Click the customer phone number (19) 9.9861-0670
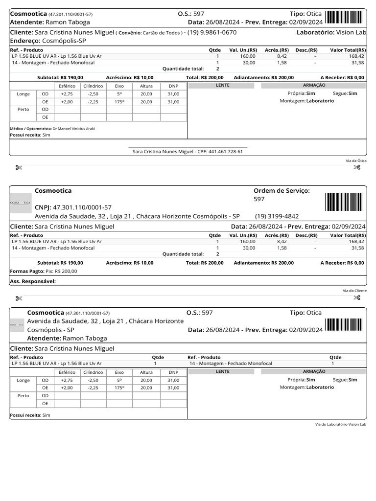[212, 33]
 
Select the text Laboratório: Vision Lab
[331, 32]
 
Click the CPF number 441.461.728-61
[226, 152]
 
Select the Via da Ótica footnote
[356, 160]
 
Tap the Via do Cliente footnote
[354, 291]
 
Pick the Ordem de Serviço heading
[282, 190]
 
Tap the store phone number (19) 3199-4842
[277, 216]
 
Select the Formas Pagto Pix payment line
[44, 271]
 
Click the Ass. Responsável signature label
[33, 281]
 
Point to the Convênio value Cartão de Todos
[162, 33]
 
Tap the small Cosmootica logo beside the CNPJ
[21, 202]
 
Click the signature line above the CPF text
[188, 147]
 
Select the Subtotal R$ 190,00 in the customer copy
[60, 263]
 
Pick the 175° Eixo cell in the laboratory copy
[119, 387]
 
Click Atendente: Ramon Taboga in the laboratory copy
[67, 338]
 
